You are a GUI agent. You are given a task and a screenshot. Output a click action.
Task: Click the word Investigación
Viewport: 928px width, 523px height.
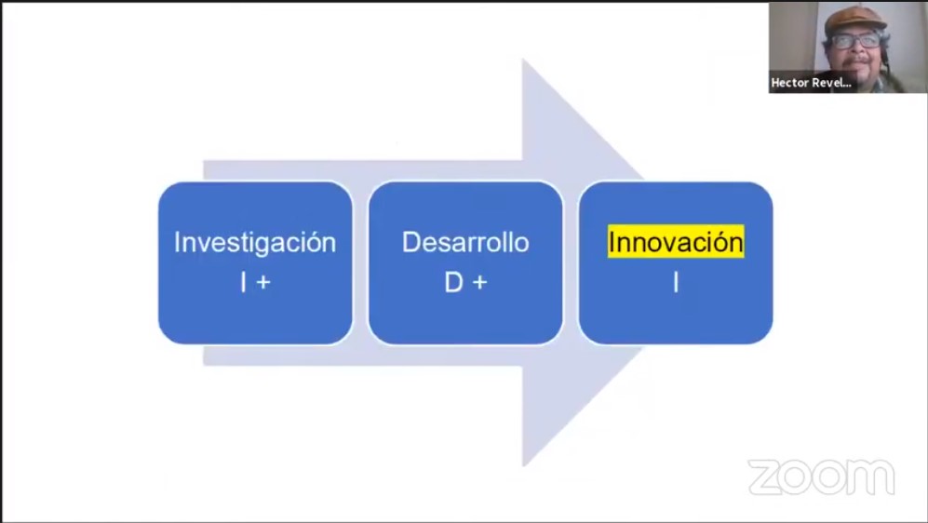click(255, 243)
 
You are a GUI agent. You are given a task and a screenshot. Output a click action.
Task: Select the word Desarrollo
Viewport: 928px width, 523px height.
click(465, 242)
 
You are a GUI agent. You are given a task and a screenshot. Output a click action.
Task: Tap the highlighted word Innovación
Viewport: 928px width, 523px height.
click(676, 241)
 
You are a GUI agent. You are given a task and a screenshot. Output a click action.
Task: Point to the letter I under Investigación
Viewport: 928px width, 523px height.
click(243, 282)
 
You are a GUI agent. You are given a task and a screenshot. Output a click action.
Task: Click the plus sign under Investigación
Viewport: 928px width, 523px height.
click(264, 283)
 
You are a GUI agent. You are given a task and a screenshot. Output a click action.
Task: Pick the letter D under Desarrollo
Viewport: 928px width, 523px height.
click(453, 282)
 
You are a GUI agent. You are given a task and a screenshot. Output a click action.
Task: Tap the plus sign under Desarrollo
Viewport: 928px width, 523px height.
click(480, 283)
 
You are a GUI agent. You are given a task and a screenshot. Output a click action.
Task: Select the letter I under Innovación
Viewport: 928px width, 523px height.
click(676, 282)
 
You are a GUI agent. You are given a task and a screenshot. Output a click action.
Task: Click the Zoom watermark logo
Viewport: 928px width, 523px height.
click(822, 476)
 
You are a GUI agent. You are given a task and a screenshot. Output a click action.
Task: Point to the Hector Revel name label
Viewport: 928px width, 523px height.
click(811, 83)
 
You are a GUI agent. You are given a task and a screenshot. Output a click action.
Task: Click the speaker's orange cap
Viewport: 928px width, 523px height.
click(855, 19)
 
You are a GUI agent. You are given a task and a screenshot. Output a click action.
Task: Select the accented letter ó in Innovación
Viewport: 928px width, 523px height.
click(720, 243)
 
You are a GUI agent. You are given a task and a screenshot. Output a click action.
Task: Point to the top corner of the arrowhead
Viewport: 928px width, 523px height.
click(523, 60)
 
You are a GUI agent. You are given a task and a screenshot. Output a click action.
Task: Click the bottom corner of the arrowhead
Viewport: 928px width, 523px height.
click(523, 466)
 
